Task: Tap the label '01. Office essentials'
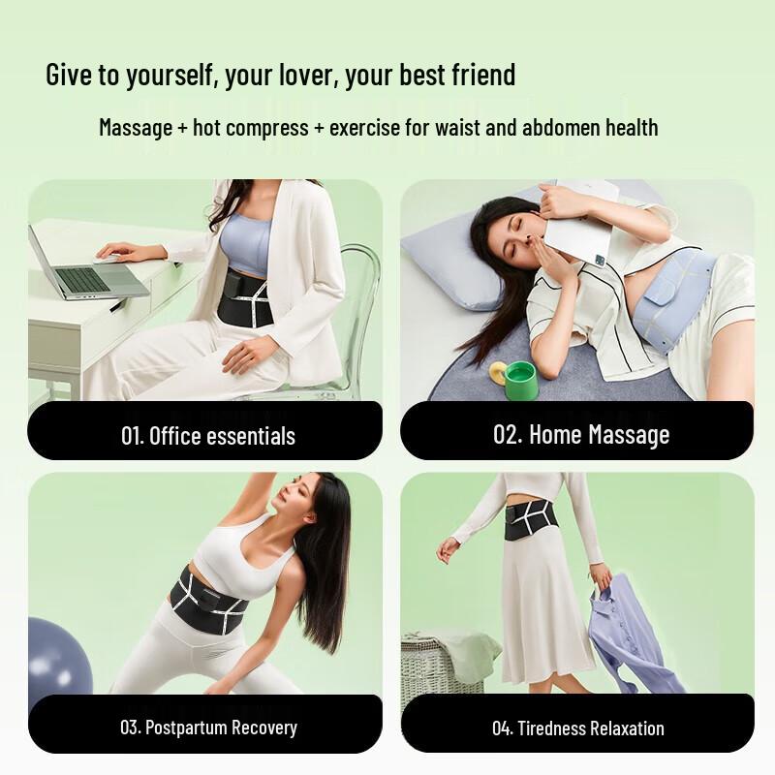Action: pos(207,435)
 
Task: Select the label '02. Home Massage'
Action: pos(580,434)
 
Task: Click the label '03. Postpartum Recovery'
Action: pos(208,727)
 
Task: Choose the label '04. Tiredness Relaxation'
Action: pos(577,728)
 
